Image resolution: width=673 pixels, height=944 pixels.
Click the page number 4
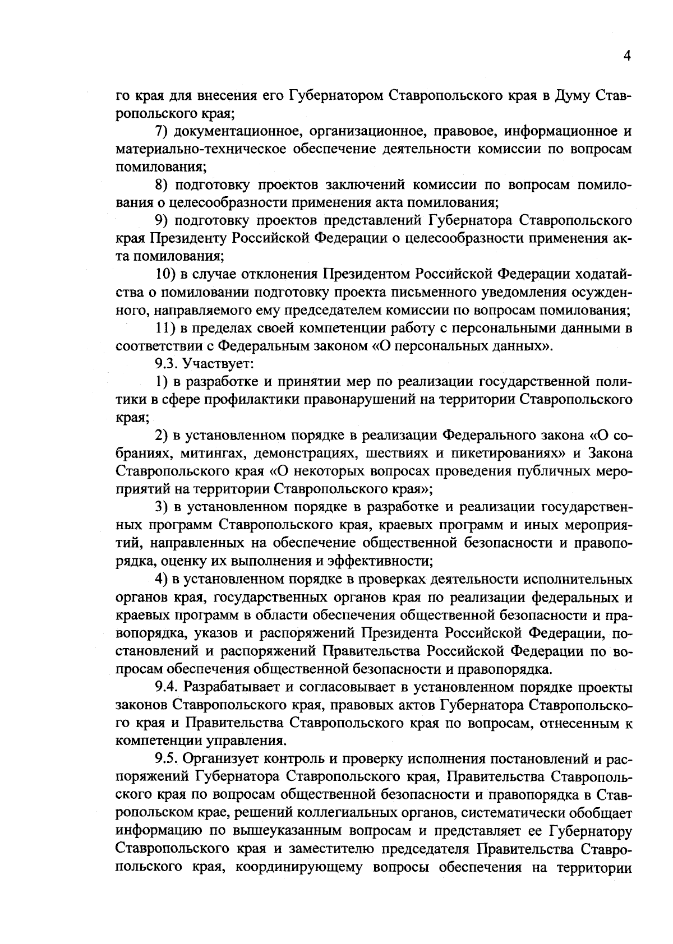coord(627,56)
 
